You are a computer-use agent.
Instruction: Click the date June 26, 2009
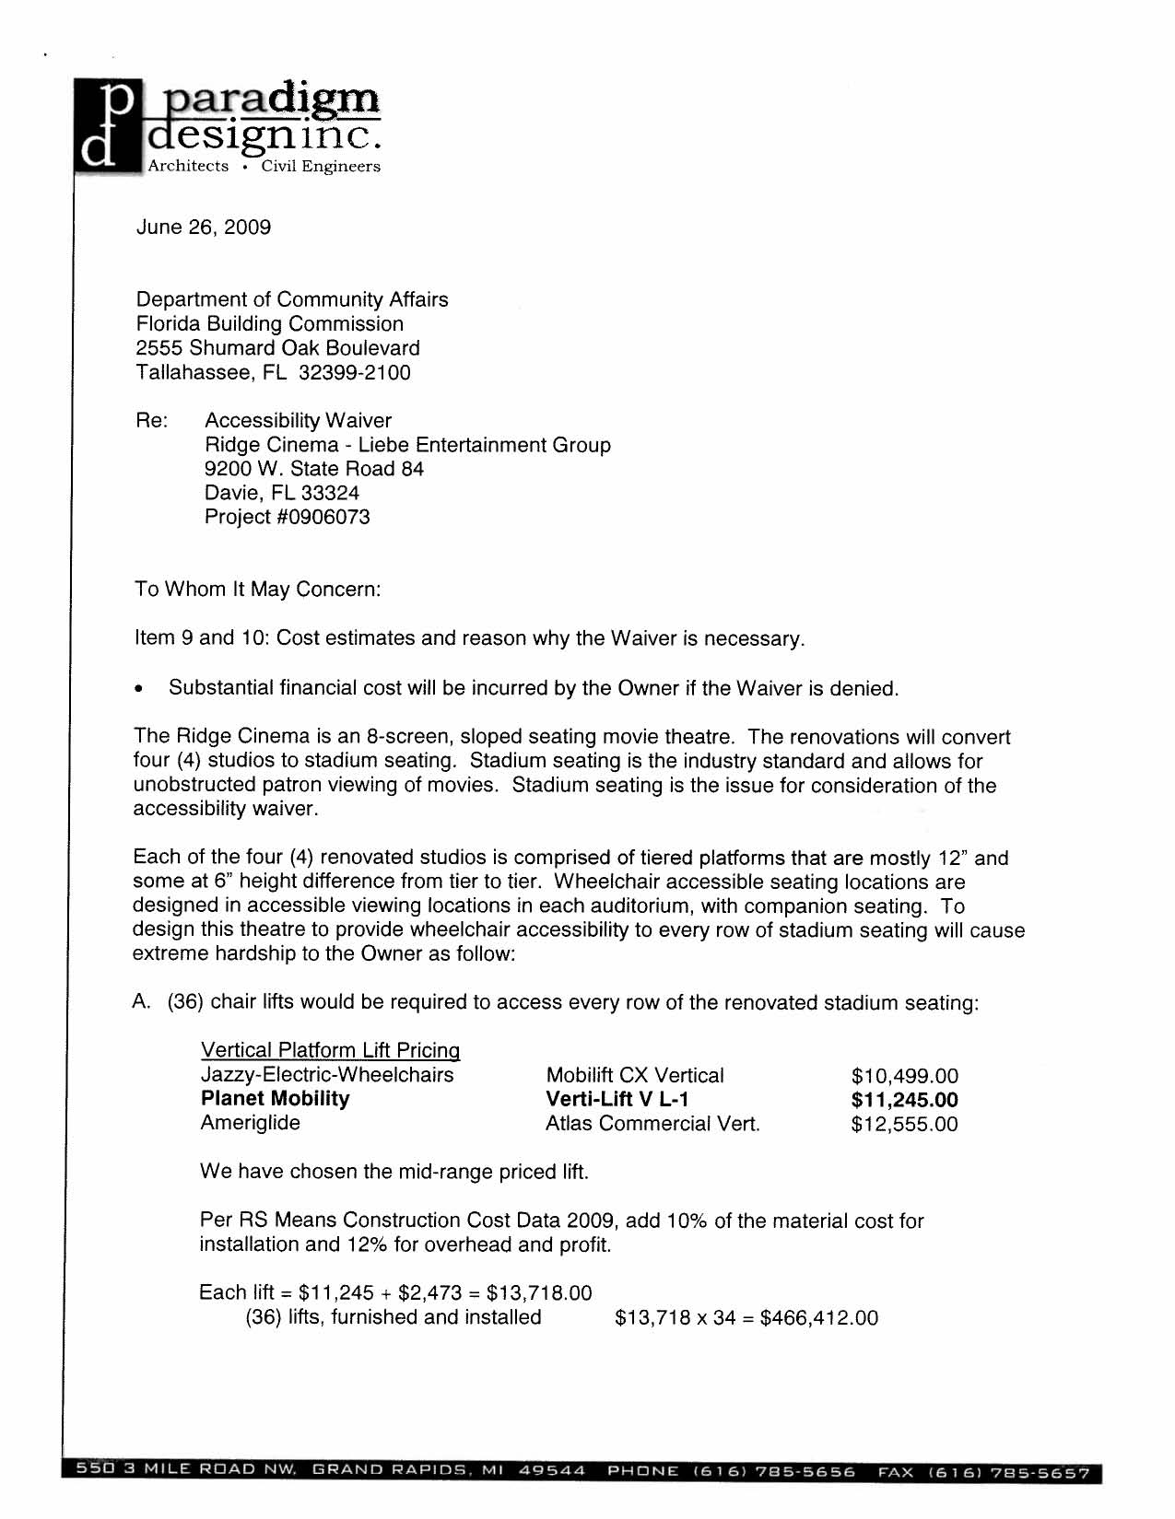pos(203,228)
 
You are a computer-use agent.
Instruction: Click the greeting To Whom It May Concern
pos(257,590)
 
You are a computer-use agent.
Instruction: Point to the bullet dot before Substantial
pos(139,689)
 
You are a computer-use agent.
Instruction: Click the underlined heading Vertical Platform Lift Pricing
pos(330,1051)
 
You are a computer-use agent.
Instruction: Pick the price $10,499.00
pos(904,1076)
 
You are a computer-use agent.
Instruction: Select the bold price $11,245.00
pos(904,1100)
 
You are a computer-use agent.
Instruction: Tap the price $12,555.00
pos(904,1125)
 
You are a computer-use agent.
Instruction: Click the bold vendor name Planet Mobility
pos(275,1099)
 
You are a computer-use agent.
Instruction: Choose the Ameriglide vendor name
pos(250,1123)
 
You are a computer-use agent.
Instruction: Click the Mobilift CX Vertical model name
pos(635,1076)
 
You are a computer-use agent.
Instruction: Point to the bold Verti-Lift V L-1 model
pos(617,1100)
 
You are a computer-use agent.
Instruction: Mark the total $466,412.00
pos(818,1318)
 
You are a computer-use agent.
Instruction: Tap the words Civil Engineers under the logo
pos(321,167)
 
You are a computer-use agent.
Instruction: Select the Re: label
pos(151,421)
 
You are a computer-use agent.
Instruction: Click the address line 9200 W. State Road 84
pos(313,469)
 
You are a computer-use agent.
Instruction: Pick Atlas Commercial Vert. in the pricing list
pos(652,1125)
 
